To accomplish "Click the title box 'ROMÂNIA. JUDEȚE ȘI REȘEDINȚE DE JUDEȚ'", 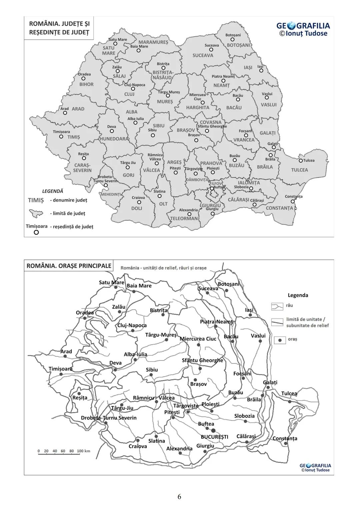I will click(59, 28).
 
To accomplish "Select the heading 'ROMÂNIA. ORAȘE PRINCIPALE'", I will click(69, 266).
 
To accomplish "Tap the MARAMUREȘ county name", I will click(153, 42).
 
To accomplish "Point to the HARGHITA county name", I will click(198, 108).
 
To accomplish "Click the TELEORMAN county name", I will click(184, 219).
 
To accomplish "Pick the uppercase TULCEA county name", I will click(299, 170).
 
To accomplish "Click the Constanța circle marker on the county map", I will click(293, 201).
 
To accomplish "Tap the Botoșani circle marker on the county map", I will click(233, 40).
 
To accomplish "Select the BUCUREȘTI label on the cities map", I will click(214, 437).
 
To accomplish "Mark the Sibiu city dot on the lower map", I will click(151, 375).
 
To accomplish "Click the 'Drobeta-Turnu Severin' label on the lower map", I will click(109, 418).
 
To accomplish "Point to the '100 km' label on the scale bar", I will click(83, 451).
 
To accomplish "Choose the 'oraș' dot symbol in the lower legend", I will click(280, 340).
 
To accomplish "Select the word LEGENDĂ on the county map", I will click(52, 191).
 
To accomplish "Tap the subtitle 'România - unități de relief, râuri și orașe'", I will click(163, 268).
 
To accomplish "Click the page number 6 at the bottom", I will click(179, 497).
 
